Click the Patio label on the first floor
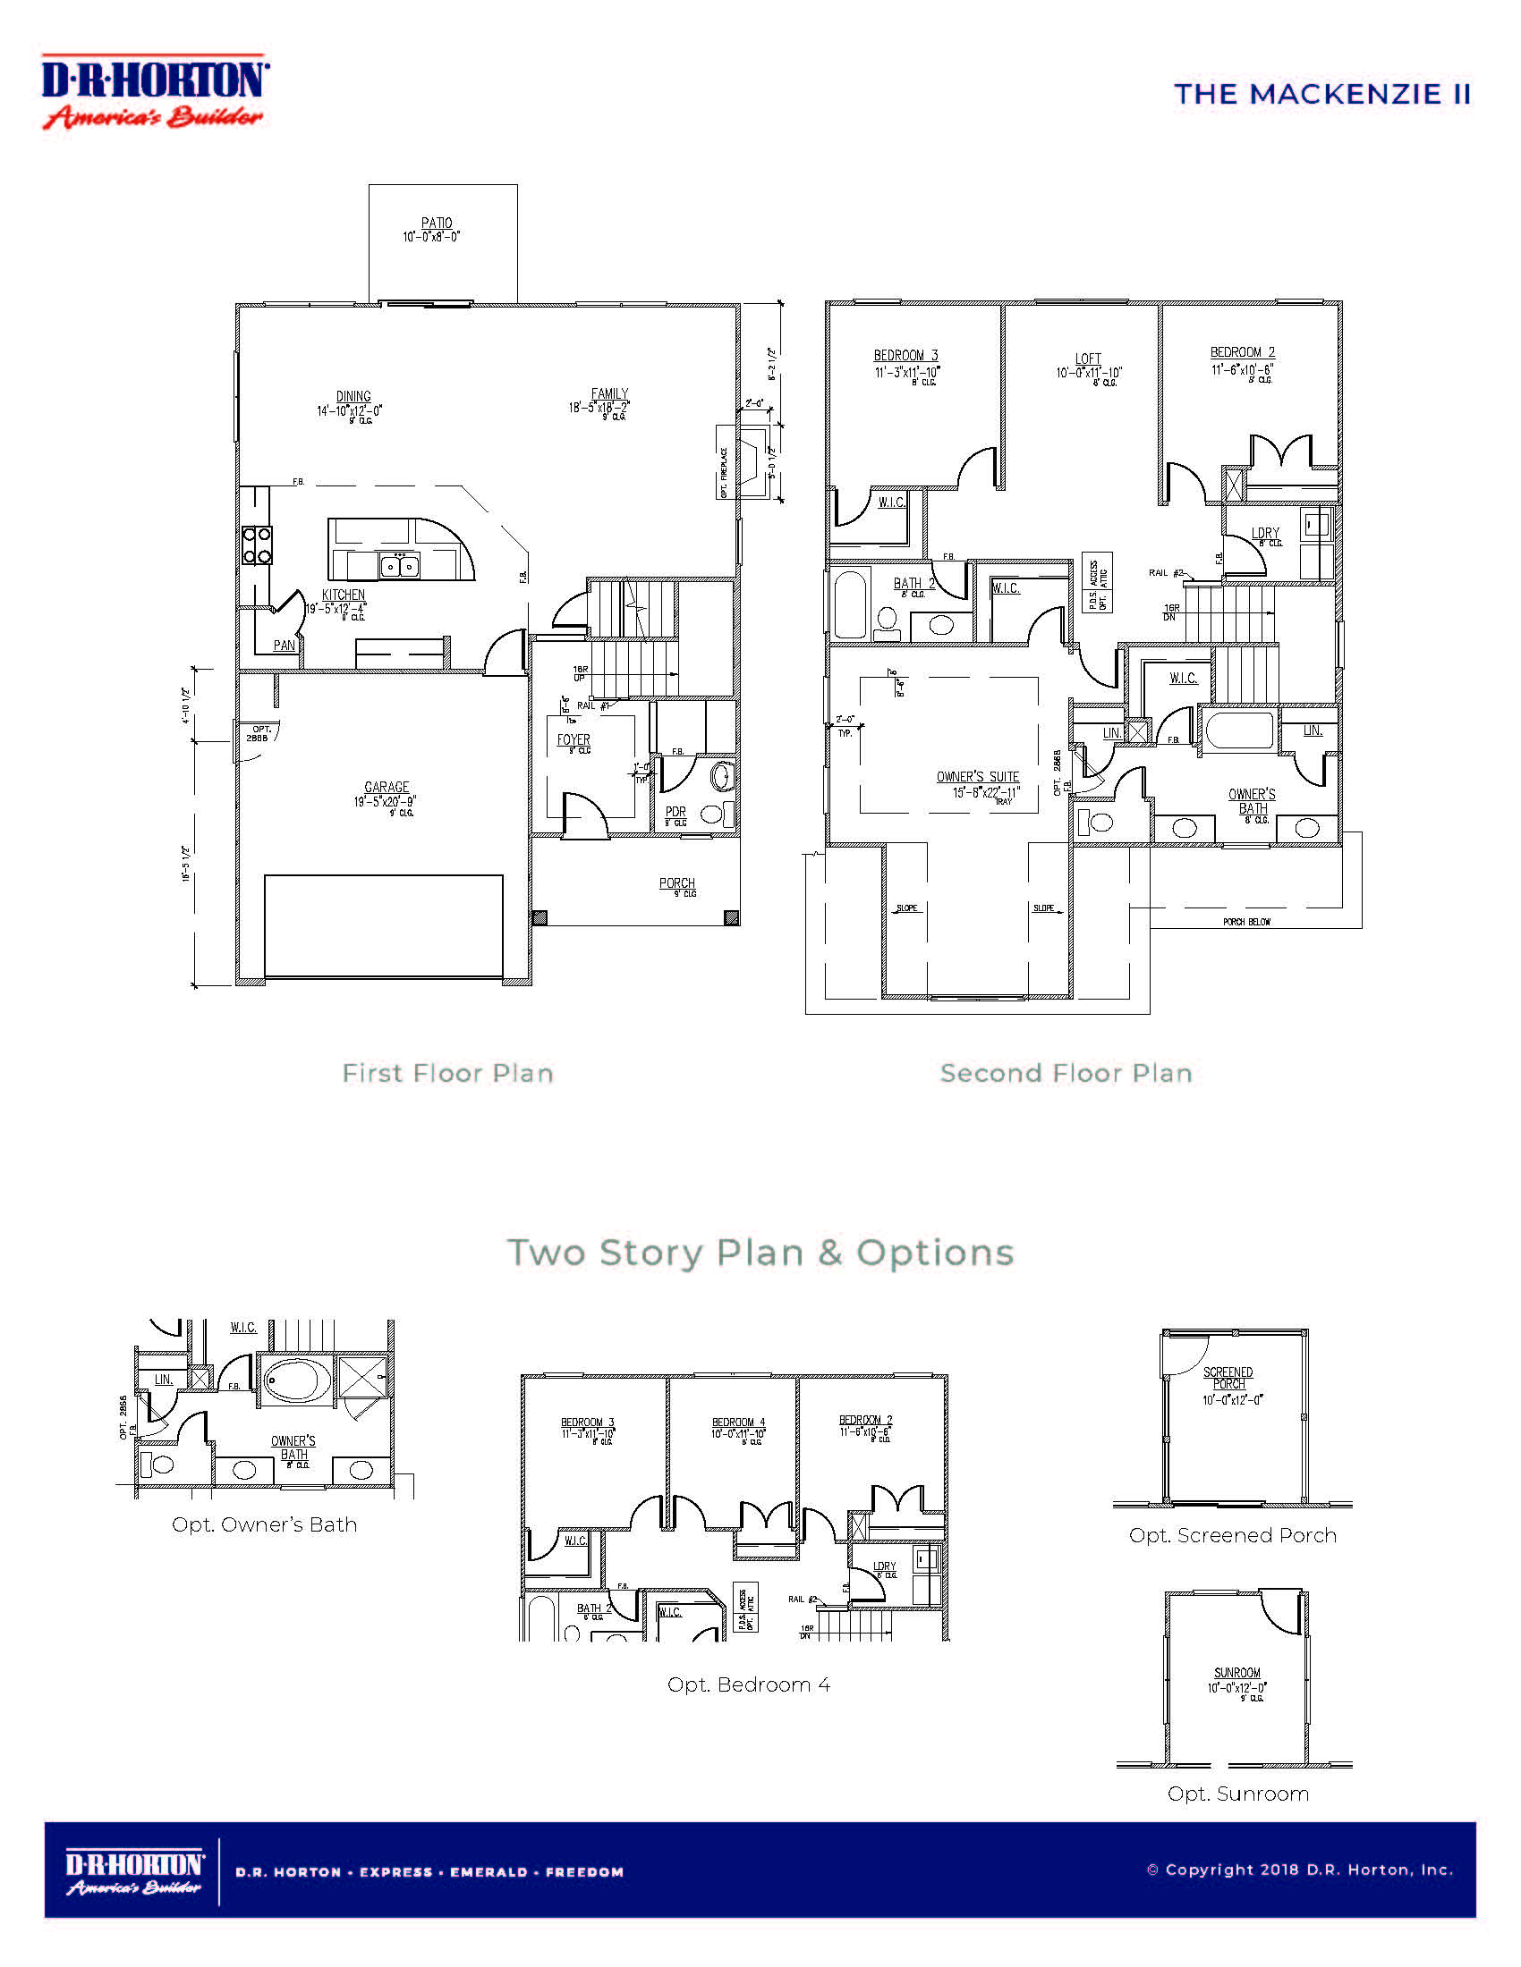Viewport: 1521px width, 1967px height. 437,224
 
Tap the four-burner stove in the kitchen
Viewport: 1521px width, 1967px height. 257,545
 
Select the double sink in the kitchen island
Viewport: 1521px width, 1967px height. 399,566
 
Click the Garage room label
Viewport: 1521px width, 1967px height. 387,787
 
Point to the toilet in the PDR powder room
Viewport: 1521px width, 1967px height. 723,775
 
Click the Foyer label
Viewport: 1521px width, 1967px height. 574,739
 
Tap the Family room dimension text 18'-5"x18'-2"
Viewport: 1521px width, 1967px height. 599,408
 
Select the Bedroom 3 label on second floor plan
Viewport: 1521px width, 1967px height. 905,356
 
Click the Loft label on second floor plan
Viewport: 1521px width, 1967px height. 1088,359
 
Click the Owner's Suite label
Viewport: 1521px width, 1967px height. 978,776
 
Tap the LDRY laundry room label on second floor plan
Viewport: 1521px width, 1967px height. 1265,533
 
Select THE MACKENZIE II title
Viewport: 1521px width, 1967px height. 1321,95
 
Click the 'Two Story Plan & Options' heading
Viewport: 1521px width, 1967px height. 760,1253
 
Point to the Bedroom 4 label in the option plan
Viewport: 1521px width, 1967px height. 738,1422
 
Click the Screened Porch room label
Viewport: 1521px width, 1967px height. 1228,1378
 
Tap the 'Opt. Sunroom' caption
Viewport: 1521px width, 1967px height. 1237,1794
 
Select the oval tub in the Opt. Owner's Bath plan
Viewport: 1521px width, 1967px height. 296,1379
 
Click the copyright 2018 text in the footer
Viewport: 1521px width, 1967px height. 1299,1870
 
